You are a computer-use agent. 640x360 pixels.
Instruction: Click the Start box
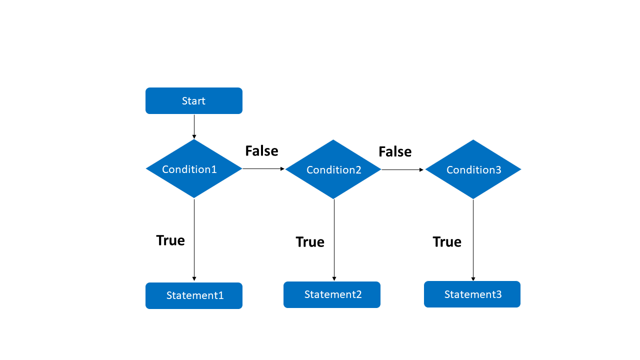coord(194,101)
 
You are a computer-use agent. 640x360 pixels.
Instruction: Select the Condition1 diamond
coord(194,169)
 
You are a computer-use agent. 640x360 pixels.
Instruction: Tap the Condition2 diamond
coord(333,169)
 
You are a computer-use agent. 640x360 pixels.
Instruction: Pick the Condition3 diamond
coord(473,169)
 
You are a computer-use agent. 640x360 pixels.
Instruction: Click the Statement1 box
coord(194,295)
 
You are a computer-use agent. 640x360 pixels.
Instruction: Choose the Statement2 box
coord(332,294)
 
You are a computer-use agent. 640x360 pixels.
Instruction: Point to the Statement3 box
coord(472,294)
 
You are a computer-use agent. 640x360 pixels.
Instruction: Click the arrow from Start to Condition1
coord(194,126)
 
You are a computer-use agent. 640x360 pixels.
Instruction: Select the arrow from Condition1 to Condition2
coord(263,169)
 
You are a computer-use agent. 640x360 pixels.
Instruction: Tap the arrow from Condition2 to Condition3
coord(402,170)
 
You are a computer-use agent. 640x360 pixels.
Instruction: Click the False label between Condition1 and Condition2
coord(261,150)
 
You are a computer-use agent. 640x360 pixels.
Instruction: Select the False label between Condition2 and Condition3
coord(395,151)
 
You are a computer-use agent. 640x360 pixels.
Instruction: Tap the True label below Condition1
coord(170,240)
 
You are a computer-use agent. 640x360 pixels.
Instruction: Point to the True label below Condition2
coord(310,242)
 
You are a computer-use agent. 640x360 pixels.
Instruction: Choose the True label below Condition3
coord(447,242)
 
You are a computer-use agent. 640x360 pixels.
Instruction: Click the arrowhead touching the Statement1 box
coord(194,279)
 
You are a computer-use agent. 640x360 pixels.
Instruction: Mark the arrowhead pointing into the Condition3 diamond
coord(421,170)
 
